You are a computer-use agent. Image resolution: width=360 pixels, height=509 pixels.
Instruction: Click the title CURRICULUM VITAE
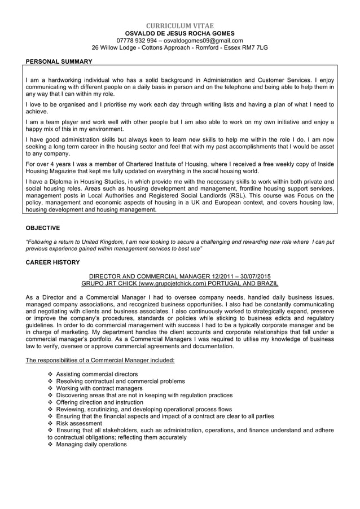[x=180, y=26]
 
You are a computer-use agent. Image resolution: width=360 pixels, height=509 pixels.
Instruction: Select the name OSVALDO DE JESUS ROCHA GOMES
[x=180, y=33]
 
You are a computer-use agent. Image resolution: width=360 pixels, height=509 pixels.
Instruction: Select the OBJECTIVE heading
[x=43, y=228]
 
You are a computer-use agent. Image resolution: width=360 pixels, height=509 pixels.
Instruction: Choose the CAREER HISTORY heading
[x=53, y=262]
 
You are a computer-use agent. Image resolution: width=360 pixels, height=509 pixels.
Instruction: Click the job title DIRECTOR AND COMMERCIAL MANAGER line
[x=180, y=276]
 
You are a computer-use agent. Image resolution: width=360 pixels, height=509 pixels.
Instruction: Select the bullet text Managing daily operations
[x=91, y=444]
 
